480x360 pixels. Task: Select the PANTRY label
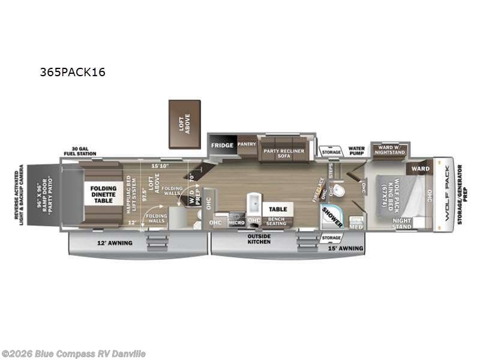point(247,144)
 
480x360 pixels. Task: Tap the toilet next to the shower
point(339,191)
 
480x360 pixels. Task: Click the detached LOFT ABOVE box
point(184,124)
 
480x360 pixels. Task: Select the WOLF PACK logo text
point(444,194)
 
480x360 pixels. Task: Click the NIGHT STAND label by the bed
point(402,224)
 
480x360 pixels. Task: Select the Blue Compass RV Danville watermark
point(74,353)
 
